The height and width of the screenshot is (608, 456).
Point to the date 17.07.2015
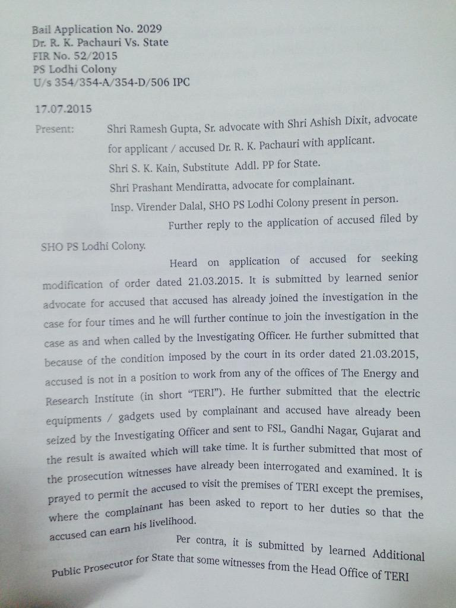coord(64,109)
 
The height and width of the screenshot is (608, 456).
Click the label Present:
coord(55,128)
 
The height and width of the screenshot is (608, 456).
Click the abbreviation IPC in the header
coord(180,83)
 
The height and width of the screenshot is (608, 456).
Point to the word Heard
coord(183,262)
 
